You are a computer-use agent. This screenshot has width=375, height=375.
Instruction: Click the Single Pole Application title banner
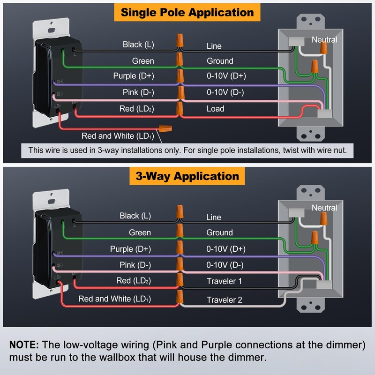[187, 13]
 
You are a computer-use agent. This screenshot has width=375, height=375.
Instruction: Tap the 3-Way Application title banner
[187, 176]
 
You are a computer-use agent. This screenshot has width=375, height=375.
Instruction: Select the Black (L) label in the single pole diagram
[138, 45]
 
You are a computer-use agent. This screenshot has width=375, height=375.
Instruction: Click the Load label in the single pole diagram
[215, 109]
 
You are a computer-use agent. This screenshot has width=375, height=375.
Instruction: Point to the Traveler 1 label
[224, 281]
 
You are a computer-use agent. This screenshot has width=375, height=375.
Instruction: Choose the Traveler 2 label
[224, 300]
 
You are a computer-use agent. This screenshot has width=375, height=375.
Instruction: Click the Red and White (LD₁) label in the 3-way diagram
[114, 299]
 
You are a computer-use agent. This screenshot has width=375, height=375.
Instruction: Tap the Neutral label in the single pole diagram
[324, 40]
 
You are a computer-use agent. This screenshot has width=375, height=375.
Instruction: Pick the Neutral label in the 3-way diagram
[324, 208]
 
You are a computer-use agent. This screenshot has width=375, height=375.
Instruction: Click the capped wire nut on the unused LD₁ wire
[165, 128]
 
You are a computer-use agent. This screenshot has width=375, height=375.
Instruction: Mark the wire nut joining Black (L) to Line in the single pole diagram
[180, 41]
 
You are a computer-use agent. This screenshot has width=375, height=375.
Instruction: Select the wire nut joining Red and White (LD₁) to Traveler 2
[180, 297]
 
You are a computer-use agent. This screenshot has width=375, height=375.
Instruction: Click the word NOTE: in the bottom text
[24, 345]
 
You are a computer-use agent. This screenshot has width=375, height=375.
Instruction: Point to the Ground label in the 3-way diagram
[219, 232]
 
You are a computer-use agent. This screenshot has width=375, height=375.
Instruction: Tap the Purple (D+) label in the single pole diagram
[134, 76]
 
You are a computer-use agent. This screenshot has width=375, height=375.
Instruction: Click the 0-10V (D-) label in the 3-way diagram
[225, 265]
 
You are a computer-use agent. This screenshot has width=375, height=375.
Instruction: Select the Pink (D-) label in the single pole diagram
[138, 92]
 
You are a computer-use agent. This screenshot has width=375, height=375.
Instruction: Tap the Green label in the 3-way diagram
[140, 232]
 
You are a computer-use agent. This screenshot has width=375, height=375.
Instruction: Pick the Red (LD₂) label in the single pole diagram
[136, 109]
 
